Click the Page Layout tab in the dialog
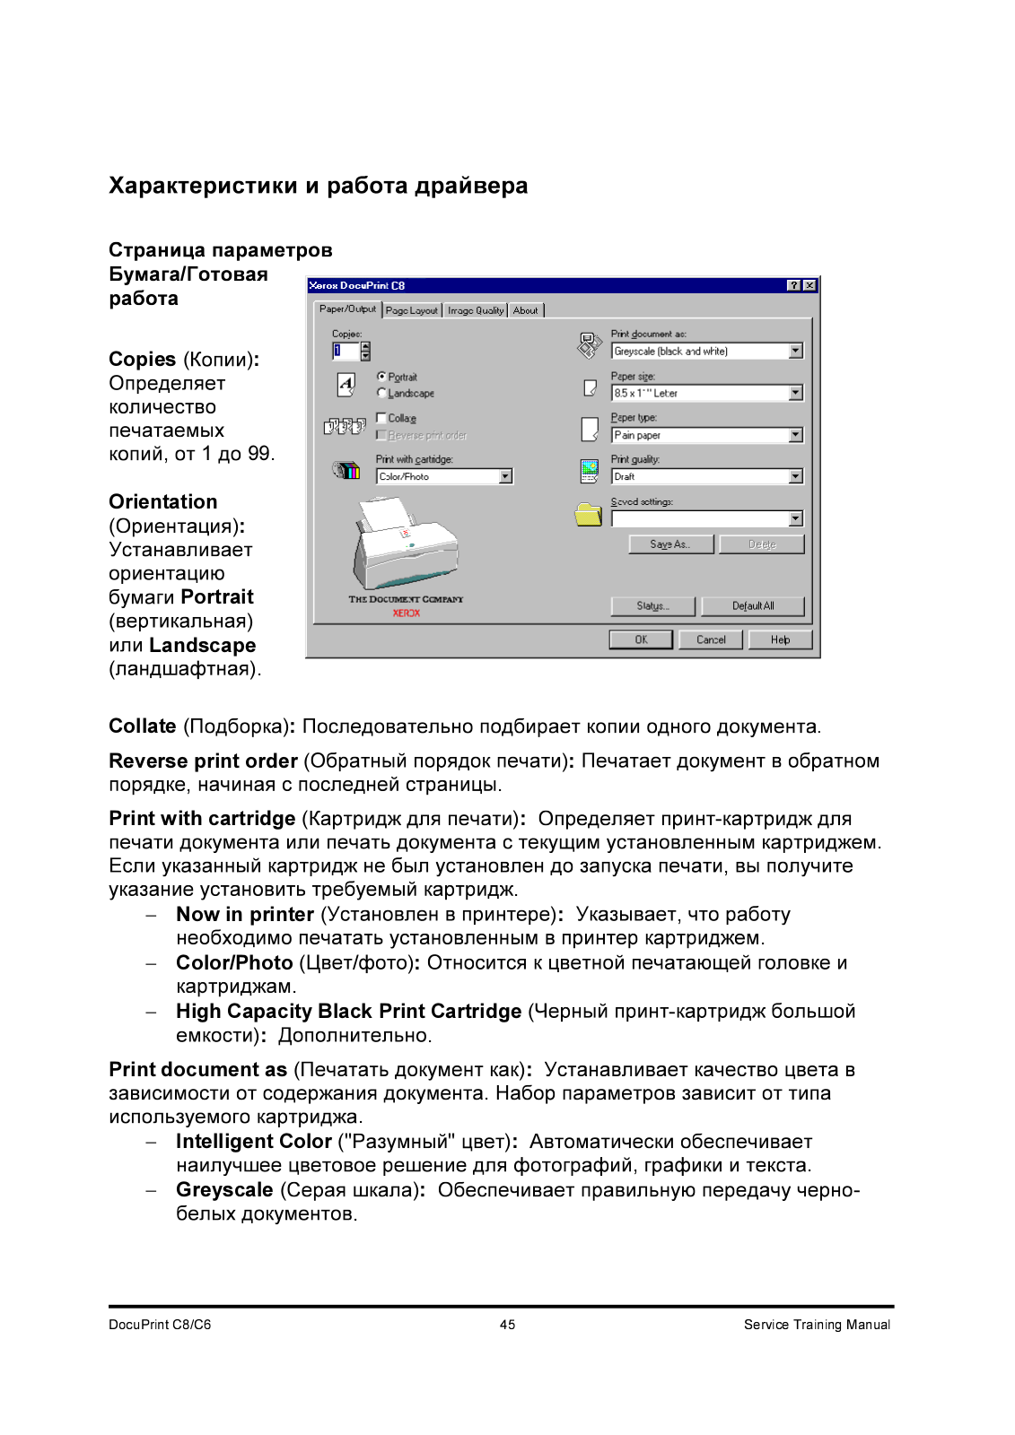(x=412, y=310)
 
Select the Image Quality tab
(x=476, y=310)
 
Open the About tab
(x=526, y=310)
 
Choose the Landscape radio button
(x=382, y=393)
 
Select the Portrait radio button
(x=382, y=377)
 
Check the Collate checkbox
(x=381, y=418)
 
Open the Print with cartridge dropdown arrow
(x=506, y=476)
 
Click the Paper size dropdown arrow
(x=796, y=393)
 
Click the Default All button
(x=753, y=606)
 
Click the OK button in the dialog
(x=641, y=639)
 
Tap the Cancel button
(x=711, y=639)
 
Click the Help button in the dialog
(x=781, y=639)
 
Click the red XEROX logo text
(x=407, y=613)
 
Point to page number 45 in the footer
(x=508, y=1325)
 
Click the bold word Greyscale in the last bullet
(x=224, y=1190)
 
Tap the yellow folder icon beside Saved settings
(x=589, y=515)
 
